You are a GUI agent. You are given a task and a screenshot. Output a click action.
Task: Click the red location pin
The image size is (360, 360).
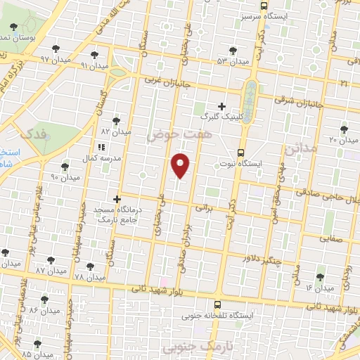[x=181, y=165]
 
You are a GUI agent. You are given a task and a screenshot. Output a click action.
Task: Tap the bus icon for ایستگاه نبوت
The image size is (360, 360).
[x=241, y=153]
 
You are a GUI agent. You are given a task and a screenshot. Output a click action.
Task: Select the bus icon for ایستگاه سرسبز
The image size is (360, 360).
[x=263, y=5]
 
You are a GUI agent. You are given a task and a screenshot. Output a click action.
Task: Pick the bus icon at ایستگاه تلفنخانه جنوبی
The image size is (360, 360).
[x=217, y=305]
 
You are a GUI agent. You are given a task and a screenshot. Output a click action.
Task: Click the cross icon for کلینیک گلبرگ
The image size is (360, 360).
[x=221, y=106]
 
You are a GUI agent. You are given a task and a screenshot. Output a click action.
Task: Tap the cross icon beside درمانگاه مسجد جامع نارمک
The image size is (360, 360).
[x=117, y=199]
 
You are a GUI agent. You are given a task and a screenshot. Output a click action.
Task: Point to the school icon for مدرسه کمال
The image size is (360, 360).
[x=101, y=147]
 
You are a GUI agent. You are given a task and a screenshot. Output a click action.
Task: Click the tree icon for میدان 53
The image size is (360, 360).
[x=233, y=51]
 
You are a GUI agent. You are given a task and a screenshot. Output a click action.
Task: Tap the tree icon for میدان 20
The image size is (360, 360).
[x=344, y=129]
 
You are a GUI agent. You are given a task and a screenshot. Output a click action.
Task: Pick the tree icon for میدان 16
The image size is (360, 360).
[x=321, y=277]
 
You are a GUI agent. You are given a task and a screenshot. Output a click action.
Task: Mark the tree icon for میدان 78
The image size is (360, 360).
[x=89, y=266]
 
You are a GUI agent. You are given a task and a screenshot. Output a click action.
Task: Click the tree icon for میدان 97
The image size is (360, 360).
[x=55, y=50]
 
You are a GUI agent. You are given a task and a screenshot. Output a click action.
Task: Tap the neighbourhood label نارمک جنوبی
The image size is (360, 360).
[x=191, y=347]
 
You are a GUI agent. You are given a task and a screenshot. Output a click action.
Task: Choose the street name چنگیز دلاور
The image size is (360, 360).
[x=262, y=260]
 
